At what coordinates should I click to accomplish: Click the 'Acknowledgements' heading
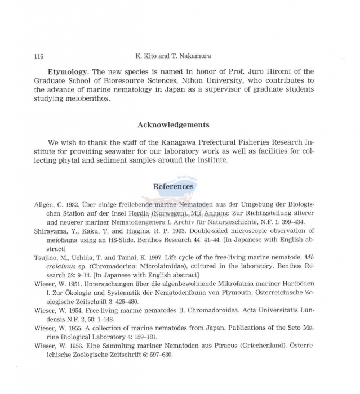click(x=174, y=125)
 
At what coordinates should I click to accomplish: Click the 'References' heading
click(x=174, y=186)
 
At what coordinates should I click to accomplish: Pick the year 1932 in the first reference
click(x=77, y=204)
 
